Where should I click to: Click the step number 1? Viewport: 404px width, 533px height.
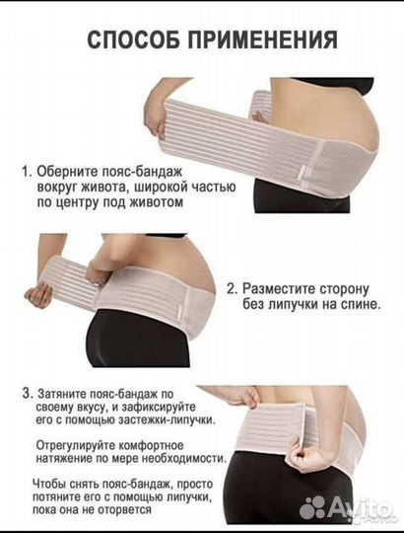pyautogui.click(x=25, y=171)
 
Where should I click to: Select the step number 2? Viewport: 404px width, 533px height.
pyautogui.click(x=232, y=289)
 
